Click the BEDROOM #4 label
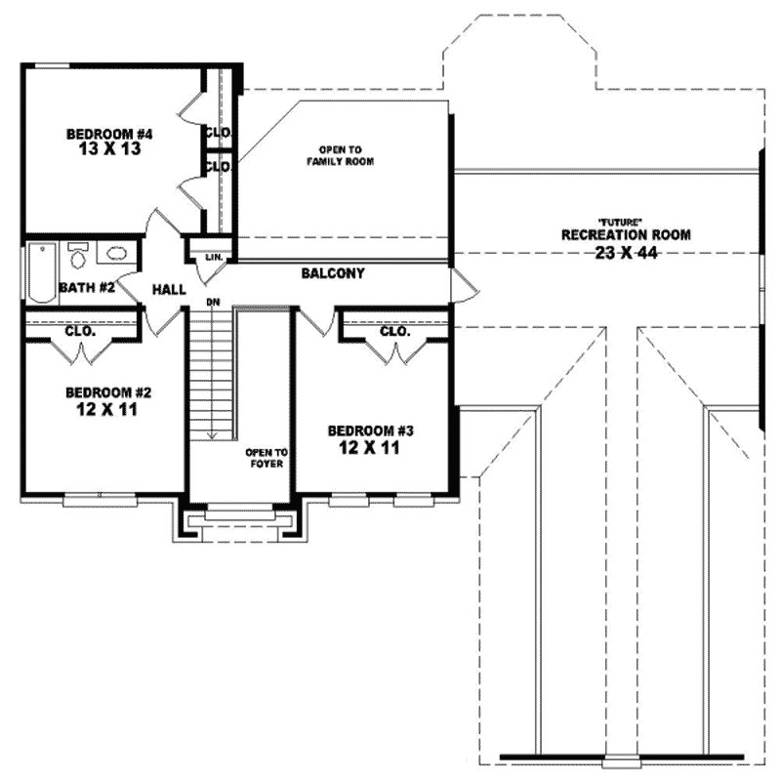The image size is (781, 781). click(x=110, y=134)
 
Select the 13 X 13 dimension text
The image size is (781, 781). click(x=110, y=151)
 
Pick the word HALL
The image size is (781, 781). click(x=169, y=290)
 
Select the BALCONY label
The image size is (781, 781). click(x=333, y=274)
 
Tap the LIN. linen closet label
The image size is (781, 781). click(x=214, y=258)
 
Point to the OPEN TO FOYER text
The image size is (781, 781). click(x=265, y=458)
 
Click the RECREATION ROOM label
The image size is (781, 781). click(x=626, y=235)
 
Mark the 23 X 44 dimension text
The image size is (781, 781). click(x=626, y=253)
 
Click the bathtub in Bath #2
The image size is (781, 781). click(x=42, y=273)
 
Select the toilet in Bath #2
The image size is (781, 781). click(x=78, y=257)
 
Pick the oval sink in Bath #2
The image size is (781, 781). click(x=116, y=255)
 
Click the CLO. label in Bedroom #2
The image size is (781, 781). click(x=80, y=331)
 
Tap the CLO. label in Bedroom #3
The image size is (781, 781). click(x=394, y=332)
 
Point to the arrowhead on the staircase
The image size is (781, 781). click(x=210, y=433)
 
